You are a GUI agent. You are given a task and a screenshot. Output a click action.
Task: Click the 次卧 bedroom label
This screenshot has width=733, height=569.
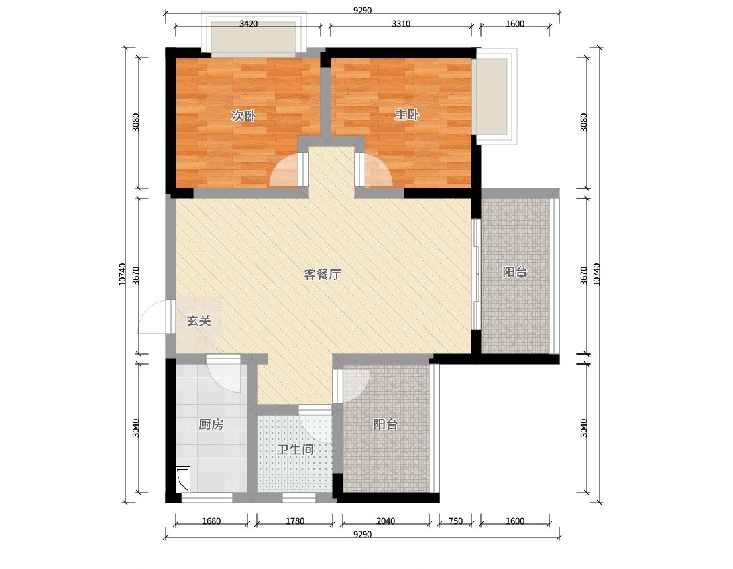243,115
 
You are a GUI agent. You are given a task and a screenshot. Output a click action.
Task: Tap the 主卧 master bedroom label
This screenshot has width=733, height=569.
406,115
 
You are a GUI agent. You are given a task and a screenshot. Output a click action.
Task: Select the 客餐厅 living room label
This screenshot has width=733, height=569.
322,274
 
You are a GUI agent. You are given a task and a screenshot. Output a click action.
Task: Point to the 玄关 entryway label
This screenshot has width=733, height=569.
199,320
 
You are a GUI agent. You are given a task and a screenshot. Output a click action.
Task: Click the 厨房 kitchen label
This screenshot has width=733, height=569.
211,424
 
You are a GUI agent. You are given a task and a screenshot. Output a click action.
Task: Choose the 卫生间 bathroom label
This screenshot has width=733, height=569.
295,450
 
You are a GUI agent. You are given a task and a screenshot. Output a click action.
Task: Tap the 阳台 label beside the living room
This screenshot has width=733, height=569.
515,272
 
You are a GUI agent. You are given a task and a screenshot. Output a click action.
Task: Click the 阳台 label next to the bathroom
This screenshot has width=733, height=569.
386,424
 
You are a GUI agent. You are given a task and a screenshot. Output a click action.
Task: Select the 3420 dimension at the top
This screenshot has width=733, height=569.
249,23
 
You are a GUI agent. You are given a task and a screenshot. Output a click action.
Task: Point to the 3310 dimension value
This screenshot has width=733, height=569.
400,23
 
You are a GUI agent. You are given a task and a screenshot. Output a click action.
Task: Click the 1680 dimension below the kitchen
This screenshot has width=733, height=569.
211,521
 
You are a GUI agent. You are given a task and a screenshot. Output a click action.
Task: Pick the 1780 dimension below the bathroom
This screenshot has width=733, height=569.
295,521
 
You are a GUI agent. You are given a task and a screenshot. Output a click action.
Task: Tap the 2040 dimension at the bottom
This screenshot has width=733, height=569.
386,521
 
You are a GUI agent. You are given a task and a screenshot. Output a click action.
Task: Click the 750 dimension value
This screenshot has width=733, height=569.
455,521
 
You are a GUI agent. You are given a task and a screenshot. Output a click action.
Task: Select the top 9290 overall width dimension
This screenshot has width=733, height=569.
363,11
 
